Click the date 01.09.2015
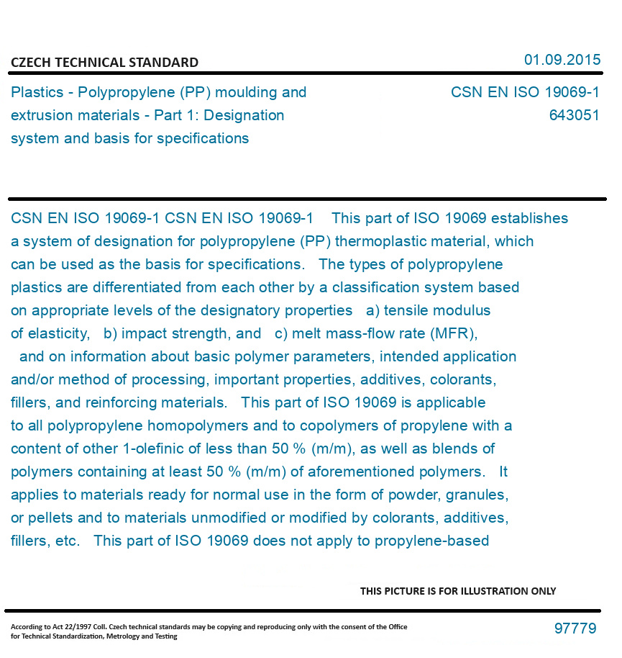click(562, 60)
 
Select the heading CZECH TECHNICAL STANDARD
click(104, 63)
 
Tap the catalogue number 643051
click(574, 115)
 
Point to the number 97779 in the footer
click(575, 628)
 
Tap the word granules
click(477, 495)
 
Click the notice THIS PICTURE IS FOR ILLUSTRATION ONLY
click(458, 591)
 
